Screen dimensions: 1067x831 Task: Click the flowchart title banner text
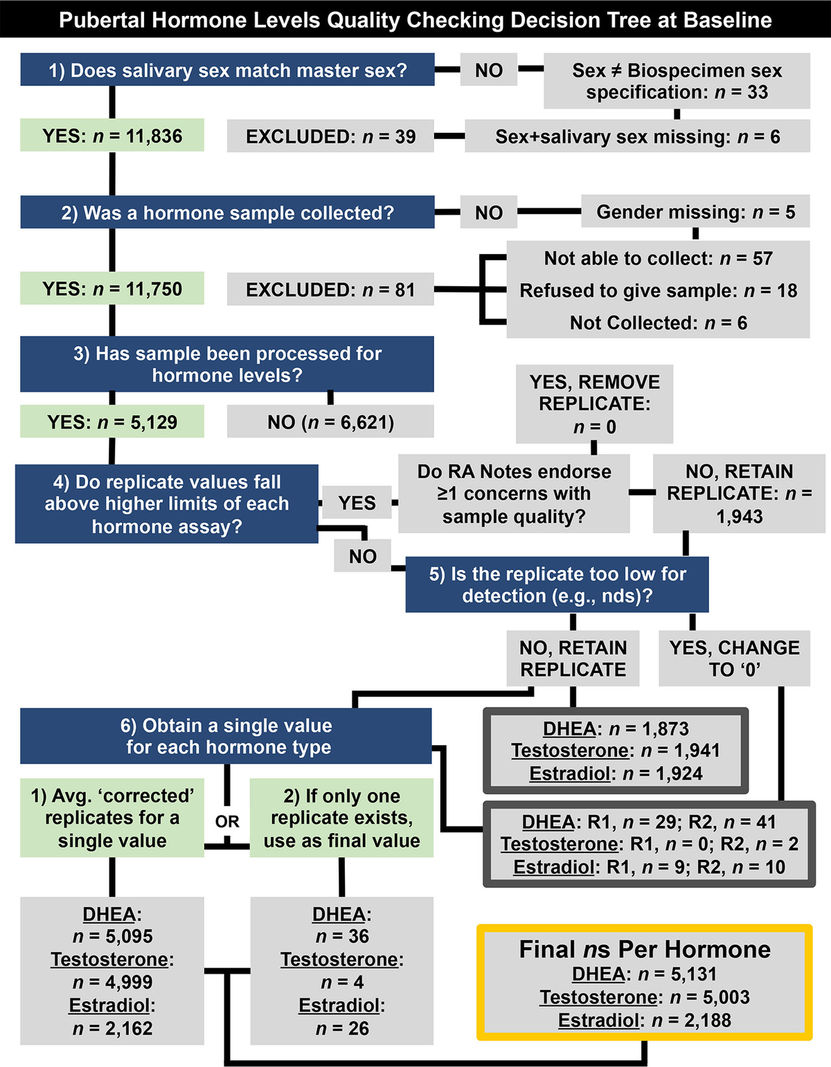point(415,19)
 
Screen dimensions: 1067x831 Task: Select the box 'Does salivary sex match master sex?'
point(227,70)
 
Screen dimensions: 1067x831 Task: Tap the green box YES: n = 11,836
point(112,136)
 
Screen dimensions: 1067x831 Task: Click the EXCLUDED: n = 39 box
point(330,136)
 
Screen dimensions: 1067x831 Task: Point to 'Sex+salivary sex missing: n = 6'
point(637,136)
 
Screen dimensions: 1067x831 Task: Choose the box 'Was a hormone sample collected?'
point(227,213)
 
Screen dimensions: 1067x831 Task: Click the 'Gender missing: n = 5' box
point(695,212)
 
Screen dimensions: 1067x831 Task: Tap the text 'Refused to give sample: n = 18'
point(658,290)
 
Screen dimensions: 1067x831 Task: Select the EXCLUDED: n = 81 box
point(330,289)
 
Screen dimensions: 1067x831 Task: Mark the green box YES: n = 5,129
point(112,422)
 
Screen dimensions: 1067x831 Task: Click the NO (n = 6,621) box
point(330,422)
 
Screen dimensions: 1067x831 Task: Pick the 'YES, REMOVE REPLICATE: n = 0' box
point(594,404)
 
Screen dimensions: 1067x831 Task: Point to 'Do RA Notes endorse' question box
point(514,494)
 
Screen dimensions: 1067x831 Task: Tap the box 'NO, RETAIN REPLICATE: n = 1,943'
point(739,494)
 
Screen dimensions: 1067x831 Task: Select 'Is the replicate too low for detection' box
point(557,584)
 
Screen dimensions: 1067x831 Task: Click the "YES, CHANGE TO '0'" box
point(734,658)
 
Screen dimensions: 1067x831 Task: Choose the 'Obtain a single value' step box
point(226,736)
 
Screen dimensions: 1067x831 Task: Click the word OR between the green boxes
point(227,821)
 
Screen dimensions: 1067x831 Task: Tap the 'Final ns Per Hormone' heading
point(644,949)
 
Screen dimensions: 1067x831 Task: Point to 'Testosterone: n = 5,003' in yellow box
point(644,997)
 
